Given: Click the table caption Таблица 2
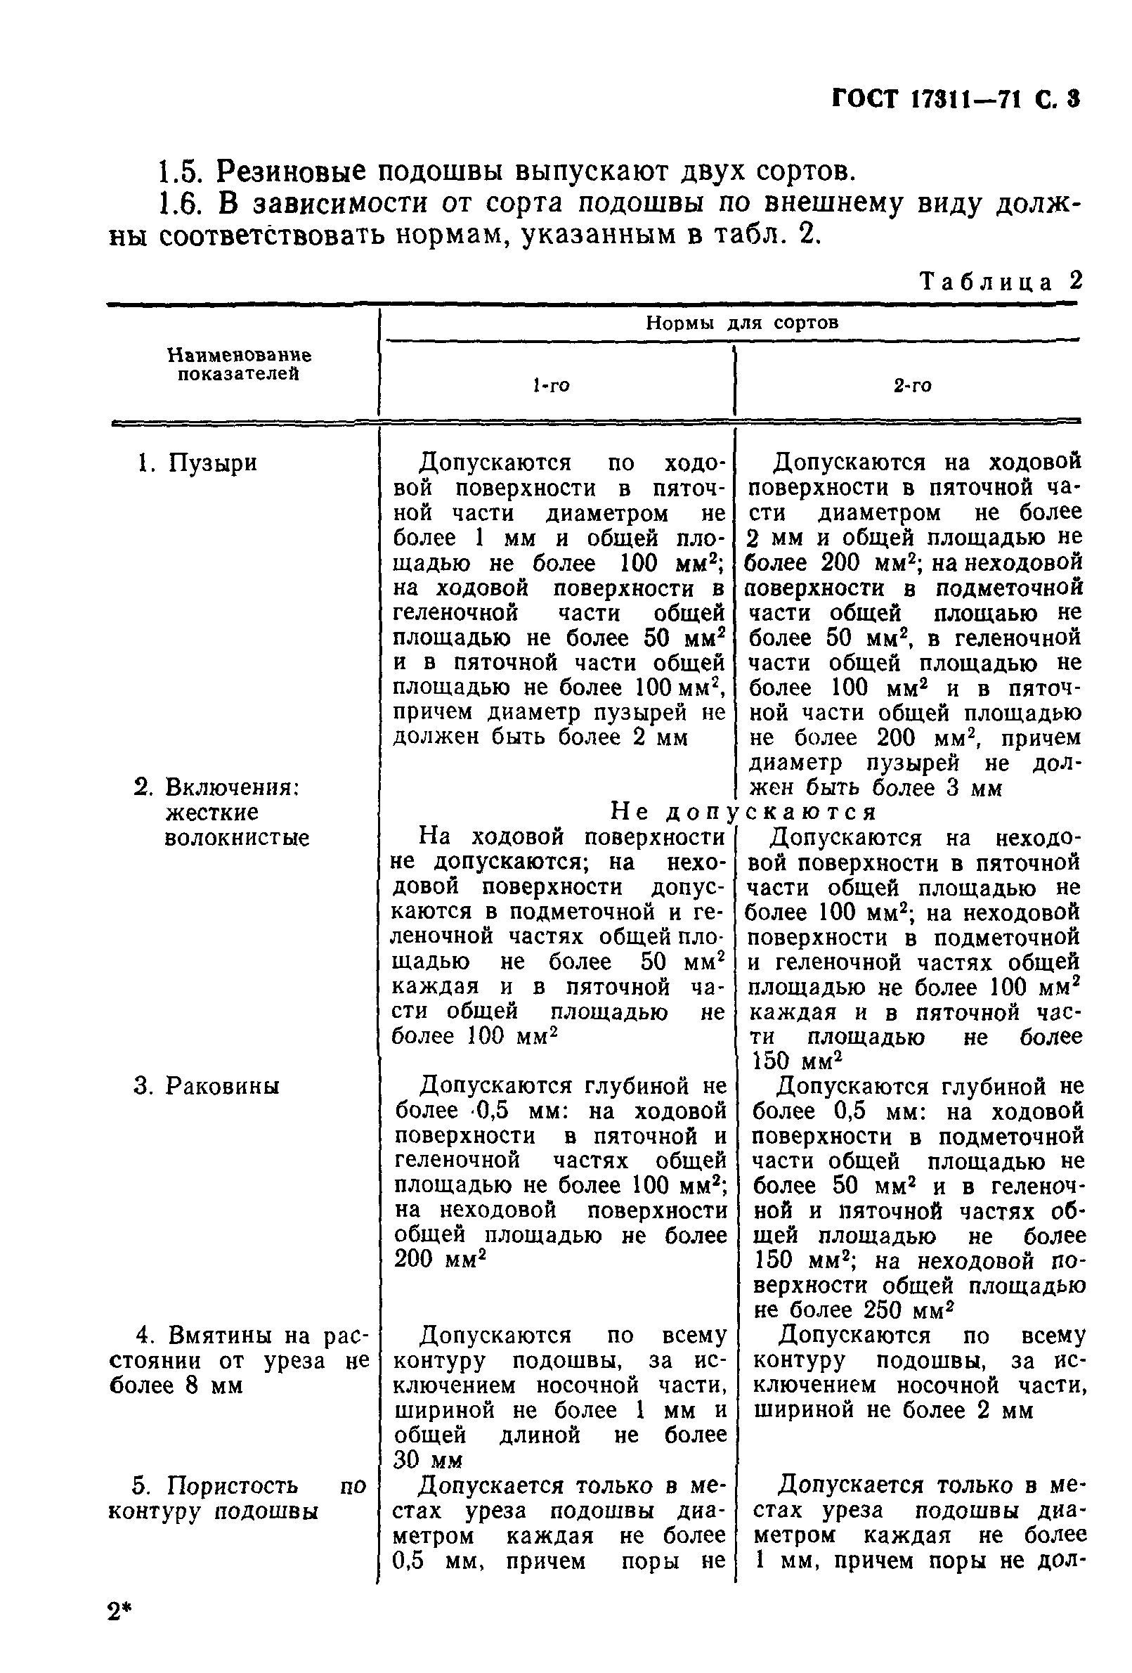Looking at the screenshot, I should click(1001, 281).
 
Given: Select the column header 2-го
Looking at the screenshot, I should click(912, 387).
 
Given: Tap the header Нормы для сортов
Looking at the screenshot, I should click(741, 323).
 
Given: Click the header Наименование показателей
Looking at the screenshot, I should click(239, 364).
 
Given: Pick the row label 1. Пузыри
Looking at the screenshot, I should click(197, 463).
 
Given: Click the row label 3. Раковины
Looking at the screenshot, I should click(207, 1085).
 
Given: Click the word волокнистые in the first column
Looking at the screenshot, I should click(237, 838).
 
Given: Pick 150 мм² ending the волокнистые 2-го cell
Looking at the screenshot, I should click(796, 1061).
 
